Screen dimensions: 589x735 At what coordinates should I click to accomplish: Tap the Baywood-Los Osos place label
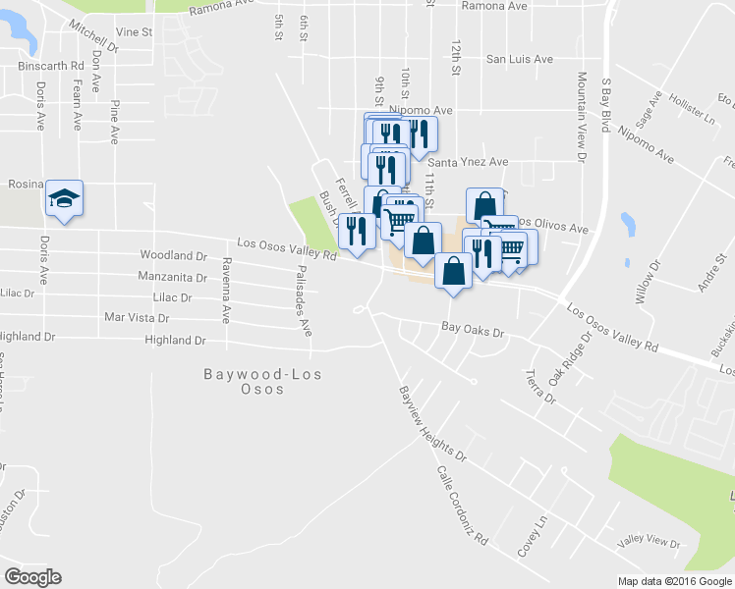click(x=244, y=381)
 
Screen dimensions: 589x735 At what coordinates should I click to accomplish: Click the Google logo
click(x=32, y=577)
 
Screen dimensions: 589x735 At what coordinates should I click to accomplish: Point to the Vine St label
click(x=134, y=32)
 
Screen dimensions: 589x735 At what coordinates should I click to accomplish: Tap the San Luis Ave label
click(x=520, y=59)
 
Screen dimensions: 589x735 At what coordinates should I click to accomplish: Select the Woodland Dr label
click(x=173, y=255)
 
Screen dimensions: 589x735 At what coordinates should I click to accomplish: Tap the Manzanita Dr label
click(x=172, y=277)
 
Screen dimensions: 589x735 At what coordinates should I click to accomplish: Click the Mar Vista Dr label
click(x=137, y=318)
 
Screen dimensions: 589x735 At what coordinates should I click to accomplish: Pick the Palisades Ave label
click(x=305, y=300)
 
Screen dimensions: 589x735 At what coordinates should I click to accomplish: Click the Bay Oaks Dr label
click(x=472, y=333)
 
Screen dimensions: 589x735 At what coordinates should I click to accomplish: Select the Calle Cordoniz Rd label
click(x=462, y=505)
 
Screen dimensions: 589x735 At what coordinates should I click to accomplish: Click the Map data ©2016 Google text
click(x=674, y=581)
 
